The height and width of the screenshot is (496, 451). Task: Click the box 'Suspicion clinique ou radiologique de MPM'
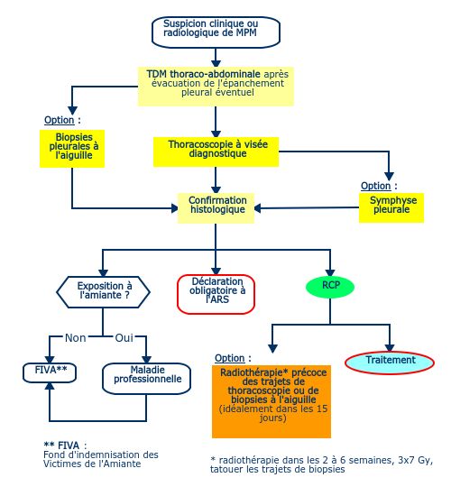pos(216,32)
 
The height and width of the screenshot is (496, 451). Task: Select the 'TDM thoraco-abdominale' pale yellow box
pos(216,87)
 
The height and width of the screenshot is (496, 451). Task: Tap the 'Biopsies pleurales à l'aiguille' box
pos(72,149)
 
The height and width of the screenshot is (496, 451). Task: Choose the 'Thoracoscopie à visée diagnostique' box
pos(216,152)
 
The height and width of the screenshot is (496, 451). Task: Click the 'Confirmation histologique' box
pos(216,208)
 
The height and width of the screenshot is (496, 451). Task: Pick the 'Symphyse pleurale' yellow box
pos(391,207)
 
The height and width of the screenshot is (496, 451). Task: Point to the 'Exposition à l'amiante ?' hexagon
pos(103,292)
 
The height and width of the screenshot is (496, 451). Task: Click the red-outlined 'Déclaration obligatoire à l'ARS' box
pos(216,294)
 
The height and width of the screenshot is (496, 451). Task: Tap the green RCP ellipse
pos(330,287)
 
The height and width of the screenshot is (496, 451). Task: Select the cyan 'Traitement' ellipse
pos(390,363)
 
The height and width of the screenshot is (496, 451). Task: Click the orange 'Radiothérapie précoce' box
pos(272,401)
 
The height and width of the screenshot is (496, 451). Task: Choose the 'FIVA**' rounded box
pos(50,372)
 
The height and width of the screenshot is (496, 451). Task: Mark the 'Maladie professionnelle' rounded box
pos(146,379)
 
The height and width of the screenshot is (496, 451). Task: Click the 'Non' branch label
pos(76,338)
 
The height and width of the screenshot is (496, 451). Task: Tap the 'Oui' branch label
pos(124,338)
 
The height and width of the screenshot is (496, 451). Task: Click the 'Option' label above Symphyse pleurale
pos(375,186)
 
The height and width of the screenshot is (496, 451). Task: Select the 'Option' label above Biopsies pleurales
pos(60,120)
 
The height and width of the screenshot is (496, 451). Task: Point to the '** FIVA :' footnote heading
pos(65,445)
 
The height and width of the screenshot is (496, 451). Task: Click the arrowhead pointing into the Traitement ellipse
pos(390,347)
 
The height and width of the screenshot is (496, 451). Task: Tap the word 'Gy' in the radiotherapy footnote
pos(425,460)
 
